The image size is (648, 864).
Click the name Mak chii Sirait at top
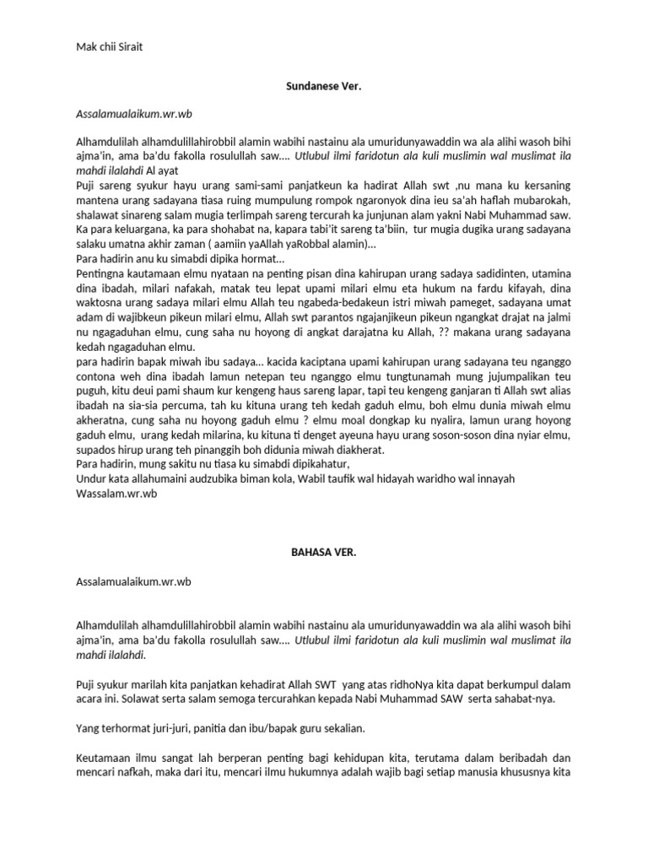click(109, 47)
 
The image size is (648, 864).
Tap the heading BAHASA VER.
click(323, 551)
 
